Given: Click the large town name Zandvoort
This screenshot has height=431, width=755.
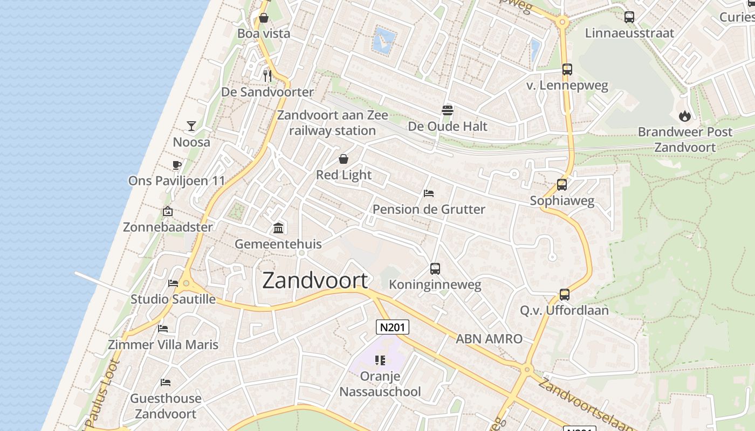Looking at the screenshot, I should click(x=315, y=281).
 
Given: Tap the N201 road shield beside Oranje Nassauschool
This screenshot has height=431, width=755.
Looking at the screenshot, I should click(x=392, y=327).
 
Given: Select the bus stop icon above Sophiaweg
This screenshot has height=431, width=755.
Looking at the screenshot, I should click(x=562, y=185).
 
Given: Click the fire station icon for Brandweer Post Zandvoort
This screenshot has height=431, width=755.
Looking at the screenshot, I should click(x=684, y=116).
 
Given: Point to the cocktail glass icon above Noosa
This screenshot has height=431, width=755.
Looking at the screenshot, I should click(x=191, y=126).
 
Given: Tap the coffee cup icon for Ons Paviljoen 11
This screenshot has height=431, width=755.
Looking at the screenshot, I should click(x=176, y=165).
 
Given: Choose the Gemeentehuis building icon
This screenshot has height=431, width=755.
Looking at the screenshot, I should click(x=278, y=228).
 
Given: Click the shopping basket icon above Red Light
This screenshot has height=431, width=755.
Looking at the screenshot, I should click(x=344, y=159).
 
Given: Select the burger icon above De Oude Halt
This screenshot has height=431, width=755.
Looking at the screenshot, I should click(x=447, y=110).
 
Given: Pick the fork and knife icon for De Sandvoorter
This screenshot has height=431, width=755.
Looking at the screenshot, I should click(x=267, y=75).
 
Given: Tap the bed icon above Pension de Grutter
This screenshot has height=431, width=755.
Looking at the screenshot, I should click(x=429, y=193).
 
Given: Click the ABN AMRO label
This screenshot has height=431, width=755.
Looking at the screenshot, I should click(x=489, y=339).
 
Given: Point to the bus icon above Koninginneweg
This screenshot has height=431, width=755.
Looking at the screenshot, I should click(x=435, y=268).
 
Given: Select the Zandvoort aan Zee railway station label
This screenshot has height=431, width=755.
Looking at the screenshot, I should click(x=332, y=123).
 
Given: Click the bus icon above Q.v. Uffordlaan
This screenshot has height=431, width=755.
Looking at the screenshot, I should click(x=564, y=295).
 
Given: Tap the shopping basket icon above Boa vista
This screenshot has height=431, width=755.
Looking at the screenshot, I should click(x=264, y=18).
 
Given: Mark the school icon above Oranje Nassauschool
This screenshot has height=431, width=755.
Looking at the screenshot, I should click(x=380, y=360).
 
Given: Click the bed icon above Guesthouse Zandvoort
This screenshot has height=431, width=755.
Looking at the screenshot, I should click(x=166, y=383).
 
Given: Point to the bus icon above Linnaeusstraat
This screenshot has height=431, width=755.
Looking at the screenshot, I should click(x=629, y=17).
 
